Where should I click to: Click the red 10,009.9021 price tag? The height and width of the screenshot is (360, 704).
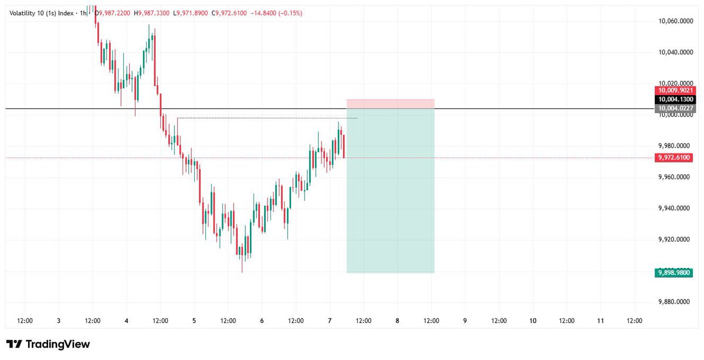click(675, 90)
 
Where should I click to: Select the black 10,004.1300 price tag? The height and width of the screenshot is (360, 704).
click(675, 99)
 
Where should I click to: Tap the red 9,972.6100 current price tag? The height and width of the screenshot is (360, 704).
click(674, 157)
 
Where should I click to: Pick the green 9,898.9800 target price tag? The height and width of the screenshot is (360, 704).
click(674, 273)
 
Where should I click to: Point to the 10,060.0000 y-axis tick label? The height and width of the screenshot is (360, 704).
click(675, 21)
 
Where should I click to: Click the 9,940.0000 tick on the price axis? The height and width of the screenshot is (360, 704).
click(675, 208)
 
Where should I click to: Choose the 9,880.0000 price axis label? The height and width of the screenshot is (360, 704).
click(675, 301)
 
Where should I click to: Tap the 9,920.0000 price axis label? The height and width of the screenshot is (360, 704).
click(675, 239)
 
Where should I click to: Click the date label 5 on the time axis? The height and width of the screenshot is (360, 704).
click(194, 321)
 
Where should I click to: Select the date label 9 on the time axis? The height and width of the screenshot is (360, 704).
click(465, 321)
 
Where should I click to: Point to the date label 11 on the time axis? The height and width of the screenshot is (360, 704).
click(601, 321)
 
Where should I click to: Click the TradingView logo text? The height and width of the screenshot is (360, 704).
click(58, 344)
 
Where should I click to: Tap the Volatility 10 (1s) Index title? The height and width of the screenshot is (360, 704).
click(42, 13)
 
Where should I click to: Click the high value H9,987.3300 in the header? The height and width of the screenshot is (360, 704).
click(151, 13)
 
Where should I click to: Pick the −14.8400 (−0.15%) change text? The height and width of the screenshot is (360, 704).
click(276, 13)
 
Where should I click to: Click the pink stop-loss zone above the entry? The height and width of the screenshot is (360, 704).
click(390, 104)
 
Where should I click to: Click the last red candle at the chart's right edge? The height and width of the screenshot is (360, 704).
click(344, 147)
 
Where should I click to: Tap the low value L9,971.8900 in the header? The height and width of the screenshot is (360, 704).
click(191, 13)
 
